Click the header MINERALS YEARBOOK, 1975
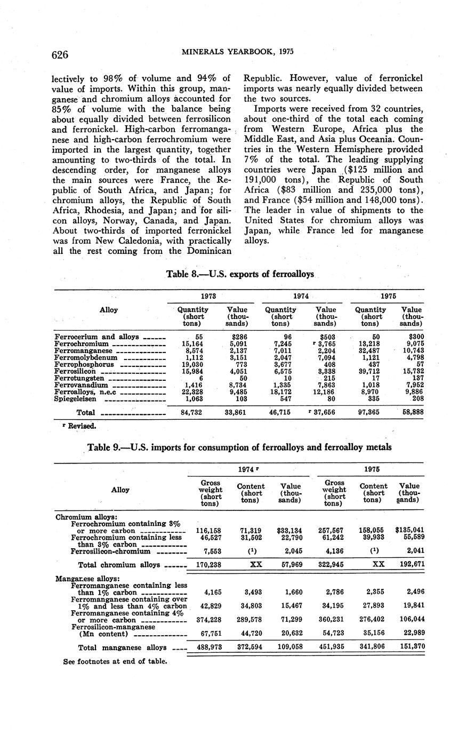[237, 52]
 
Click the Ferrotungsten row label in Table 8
[80, 378]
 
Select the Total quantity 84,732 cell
[190, 412]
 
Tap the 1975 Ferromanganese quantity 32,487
[370, 351]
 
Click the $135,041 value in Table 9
[409, 530]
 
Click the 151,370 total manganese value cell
[409, 647]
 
